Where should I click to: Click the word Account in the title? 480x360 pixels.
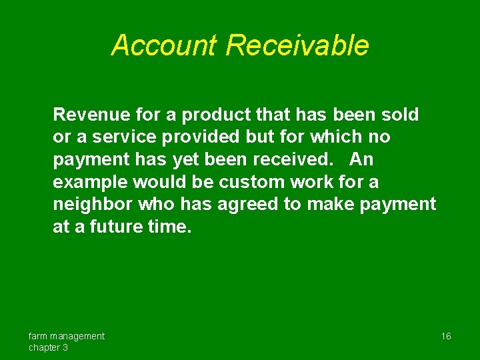[x=165, y=45]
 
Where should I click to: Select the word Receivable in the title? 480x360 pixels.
[x=297, y=45]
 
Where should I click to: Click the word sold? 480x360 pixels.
[x=399, y=115]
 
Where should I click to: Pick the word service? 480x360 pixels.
[x=123, y=137]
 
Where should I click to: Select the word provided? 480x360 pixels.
[x=201, y=137]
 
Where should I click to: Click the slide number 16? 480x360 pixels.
[x=446, y=336]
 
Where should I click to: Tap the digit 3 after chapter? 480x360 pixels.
[x=65, y=347]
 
